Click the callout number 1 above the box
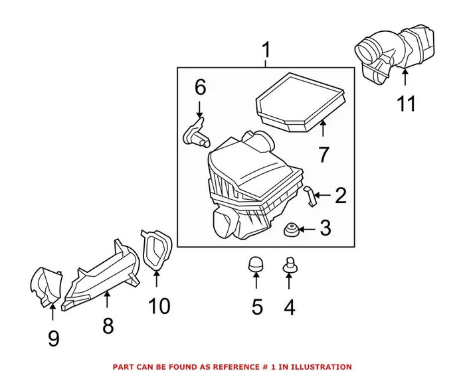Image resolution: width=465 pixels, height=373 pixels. [266, 50]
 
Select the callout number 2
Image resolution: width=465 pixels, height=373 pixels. [340, 195]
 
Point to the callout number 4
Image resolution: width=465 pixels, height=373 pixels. [289, 307]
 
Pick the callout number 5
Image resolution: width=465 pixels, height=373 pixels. [257, 307]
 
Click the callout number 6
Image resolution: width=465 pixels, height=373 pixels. [200, 86]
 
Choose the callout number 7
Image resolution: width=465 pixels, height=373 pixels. [324, 155]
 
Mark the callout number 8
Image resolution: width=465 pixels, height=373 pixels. [107, 325]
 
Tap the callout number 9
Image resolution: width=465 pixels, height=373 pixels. [53, 338]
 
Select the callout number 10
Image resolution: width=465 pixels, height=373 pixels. [159, 306]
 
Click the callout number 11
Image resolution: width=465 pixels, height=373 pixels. [406, 104]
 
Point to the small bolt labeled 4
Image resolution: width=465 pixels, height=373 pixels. [289, 263]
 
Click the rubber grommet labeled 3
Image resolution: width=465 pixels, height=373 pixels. [290, 230]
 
